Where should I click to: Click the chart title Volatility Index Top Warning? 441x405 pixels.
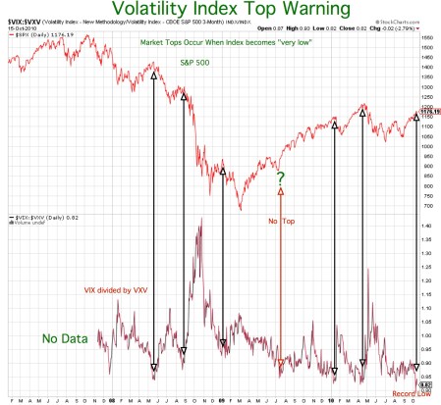(x=225, y=11)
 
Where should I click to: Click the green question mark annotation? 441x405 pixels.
(x=280, y=178)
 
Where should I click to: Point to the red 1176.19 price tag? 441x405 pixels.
(x=428, y=112)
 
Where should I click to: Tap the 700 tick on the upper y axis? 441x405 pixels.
(x=427, y=206)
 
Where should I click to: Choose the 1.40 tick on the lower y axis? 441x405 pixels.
(x=428, y=226)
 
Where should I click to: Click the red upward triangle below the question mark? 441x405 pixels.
(x=280, y=192)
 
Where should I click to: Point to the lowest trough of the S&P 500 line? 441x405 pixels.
(x=237, y=207)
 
